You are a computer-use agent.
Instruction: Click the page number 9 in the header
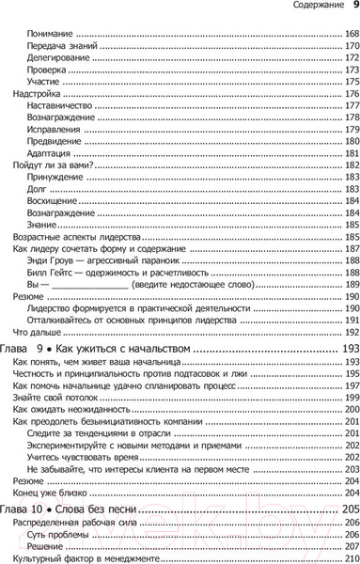click(352, 8)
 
